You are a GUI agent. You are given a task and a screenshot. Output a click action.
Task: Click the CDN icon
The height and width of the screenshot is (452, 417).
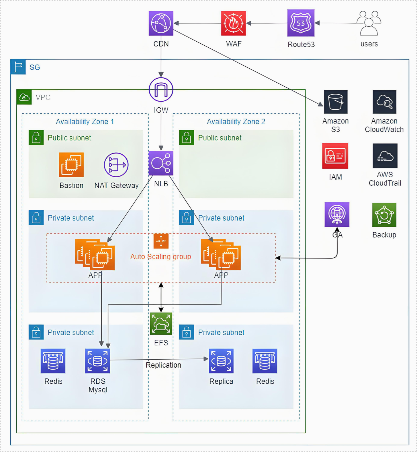[x=161, y=23]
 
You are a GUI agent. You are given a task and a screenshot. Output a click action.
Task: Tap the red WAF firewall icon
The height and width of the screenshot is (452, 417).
[x=233, y=23]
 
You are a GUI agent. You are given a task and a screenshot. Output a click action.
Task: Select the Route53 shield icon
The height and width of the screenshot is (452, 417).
[x=301, y=23]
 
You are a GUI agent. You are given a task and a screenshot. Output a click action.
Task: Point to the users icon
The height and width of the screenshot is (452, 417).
[x=369, y=23]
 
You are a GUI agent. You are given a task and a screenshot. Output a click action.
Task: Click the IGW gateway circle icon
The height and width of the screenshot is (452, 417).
[x=161, y=90]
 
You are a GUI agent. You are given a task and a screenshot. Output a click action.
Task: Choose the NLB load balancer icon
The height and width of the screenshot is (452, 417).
[x=161, y=163]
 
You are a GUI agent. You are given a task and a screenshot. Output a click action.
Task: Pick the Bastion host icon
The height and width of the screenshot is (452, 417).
[x=71, y=165]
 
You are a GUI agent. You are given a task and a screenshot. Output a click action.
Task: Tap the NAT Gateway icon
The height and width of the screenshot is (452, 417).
[x=116, y=165]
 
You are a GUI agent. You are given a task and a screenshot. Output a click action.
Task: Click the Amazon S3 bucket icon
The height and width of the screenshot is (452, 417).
[x=336, y=102]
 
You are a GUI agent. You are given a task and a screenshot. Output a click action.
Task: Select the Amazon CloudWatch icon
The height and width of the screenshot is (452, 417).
[x=384, y=102]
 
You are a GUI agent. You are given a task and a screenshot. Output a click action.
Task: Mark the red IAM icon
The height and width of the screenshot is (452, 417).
[x=335, y=156]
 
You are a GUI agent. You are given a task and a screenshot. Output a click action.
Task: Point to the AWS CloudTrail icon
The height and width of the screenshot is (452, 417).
[x=385, y=156]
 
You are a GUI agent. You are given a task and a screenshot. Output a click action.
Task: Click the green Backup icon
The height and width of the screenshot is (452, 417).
[x=384, y=215]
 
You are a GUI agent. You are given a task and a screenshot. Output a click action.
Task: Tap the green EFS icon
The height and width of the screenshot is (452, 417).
[x=161, y=324]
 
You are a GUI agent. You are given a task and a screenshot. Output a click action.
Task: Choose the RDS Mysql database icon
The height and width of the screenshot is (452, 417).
[x=97, y=361]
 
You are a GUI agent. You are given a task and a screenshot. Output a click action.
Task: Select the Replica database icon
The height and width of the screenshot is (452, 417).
[x=221, y=361]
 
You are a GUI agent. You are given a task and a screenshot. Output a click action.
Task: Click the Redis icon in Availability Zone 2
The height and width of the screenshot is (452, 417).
[x=265, y=361]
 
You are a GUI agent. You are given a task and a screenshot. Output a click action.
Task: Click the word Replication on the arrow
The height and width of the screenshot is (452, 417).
[x=163, y=365]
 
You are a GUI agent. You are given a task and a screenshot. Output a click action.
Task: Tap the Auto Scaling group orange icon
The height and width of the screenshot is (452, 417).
[x=161, y=241]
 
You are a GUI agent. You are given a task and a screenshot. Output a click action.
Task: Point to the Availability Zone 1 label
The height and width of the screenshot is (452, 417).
[x=85, y=122]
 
